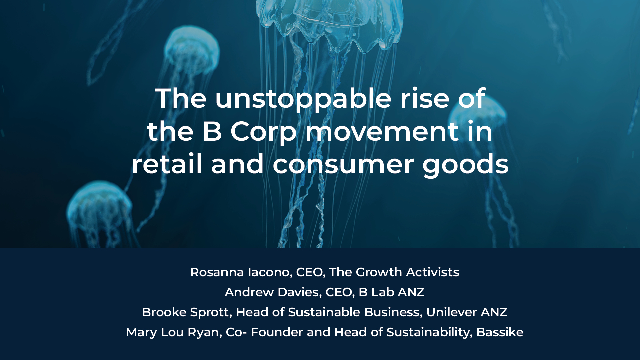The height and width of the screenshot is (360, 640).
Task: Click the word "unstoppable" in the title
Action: click(x=303, y=99)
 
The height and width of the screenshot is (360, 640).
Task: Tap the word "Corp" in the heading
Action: click(x=263, y=132)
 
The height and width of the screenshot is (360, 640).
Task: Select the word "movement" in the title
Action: click(x=382, y=131)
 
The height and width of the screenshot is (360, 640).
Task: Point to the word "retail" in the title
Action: click(x=167, y=164)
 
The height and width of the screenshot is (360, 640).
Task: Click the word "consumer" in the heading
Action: click(x=343, y=164)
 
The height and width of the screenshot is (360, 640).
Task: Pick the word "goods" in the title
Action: click(x=465, y=164)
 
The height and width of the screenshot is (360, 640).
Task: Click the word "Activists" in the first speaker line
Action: click(x=433, y=272)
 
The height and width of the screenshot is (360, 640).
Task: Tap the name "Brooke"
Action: click(x=164, y=312)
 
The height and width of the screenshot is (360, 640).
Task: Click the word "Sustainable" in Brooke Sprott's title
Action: click(x=324, y=312)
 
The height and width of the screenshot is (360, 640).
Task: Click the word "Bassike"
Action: click(x=500, y=332)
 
